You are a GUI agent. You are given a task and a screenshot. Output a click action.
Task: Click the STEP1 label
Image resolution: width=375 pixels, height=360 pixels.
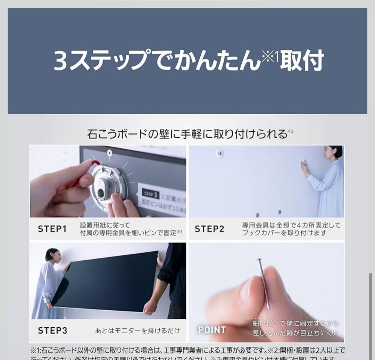(x=52, y=229)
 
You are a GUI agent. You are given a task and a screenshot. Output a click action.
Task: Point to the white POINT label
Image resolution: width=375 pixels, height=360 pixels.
(x=212, y=330)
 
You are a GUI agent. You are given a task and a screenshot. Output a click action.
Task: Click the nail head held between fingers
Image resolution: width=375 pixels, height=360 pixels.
(x=259, y=260)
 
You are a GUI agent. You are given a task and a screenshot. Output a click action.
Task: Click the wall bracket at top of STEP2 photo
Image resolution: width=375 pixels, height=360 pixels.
(x=219, y=153)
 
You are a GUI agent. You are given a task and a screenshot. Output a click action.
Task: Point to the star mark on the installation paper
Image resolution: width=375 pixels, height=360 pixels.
(x=110, y=152)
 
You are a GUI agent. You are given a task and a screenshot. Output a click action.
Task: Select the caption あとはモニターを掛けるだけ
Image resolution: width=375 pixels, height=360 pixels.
(x=137, y=330)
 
